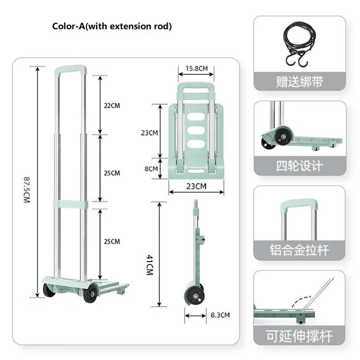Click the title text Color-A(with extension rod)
pos(112,26)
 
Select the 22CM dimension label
pos(111,105)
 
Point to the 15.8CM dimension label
pos(196,69)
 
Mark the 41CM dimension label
pos(150,264)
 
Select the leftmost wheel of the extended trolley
pos(49,290)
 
